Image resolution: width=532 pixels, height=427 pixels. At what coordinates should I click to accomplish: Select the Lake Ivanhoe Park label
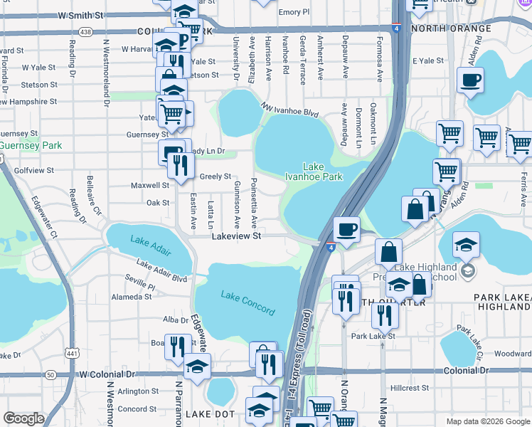pyautogui.click(x=314, y=172)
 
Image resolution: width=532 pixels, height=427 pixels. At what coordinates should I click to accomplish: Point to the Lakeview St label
pyautogui.click(x=237, y=236)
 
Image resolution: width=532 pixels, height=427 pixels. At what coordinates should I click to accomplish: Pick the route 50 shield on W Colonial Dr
pyautogui.click(x=49, y=374)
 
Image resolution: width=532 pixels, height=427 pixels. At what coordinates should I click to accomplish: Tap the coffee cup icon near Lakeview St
pyautogui.click(x=346, y=230)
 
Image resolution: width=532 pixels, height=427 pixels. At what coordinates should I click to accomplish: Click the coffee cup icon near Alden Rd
pyautogui.click(x=471, y=80)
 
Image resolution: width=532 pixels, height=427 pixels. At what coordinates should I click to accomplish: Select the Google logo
pyautogui.click(x=24, y=418)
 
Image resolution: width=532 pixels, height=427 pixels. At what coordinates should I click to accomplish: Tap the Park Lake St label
pyautogui.click(x=373, y=335)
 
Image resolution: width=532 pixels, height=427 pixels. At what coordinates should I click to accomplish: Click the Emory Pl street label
pyautogui.click(x=294, y=12)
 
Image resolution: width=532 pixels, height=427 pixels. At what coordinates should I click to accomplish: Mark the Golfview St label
pyautogui.click(x=34, y=171)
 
